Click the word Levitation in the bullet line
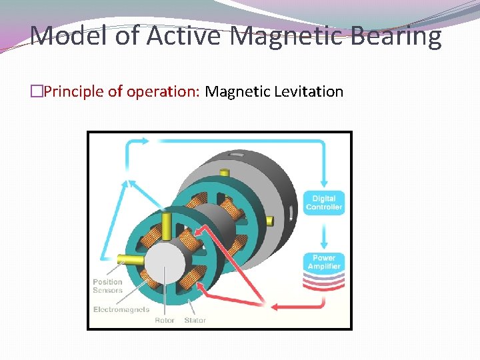(x=308, y=91)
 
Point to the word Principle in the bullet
(x=74, y=91)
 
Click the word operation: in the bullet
(x=167, y=91)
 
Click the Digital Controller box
(x=324, y=203)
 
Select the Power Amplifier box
(x=324, y=262)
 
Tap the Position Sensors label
(x=107, y=286)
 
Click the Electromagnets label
(x=121, y=309)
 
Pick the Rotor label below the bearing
(x=165, y=320)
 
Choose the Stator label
(x=195, y=320)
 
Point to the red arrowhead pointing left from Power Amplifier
(x=275, y=306)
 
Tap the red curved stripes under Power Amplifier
(x=324, y=283)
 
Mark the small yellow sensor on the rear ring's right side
(x=268, y=221)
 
